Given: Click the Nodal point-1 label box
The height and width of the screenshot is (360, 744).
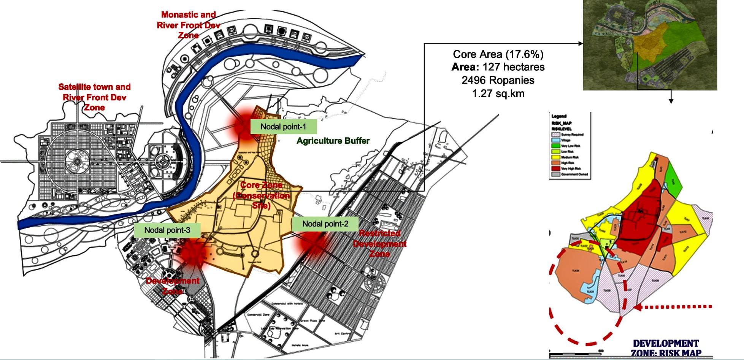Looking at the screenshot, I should click(x=283, y=127).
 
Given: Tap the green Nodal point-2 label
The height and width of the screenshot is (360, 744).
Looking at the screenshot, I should click(x=325, y=224).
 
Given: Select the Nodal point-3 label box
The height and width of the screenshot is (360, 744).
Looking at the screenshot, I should click(x=167, y=230).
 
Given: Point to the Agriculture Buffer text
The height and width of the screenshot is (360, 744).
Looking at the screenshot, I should click(x=333, y=141).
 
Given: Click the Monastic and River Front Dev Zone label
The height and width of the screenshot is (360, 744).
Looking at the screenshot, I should click(x=188, y=25).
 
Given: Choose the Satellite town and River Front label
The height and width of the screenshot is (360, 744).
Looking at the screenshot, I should click(x=94, y=97).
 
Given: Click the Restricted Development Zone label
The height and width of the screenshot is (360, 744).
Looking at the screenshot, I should click(x=379, y=244).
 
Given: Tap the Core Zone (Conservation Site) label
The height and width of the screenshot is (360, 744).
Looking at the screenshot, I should click(x=262, y=195).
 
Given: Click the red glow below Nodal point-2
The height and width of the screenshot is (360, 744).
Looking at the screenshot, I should click(x=313, y=243).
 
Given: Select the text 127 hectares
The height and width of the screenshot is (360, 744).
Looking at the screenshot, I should click(x=513, y=67).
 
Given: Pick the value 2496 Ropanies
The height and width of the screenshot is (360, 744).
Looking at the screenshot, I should click(x=498, y=81).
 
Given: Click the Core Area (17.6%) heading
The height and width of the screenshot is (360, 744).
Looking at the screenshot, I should click(x=498, y=54).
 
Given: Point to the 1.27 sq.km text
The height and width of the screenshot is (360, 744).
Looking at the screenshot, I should click(x=498, y=94).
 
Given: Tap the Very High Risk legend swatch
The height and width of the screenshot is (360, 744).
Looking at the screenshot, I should click(x=555, y=168).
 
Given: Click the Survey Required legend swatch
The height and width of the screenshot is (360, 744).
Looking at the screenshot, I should click(x=555, y=135).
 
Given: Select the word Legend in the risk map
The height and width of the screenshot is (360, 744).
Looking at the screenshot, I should click(x=559, y=116).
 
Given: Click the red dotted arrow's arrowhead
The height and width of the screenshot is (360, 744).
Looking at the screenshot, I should click(x=638, y=307).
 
